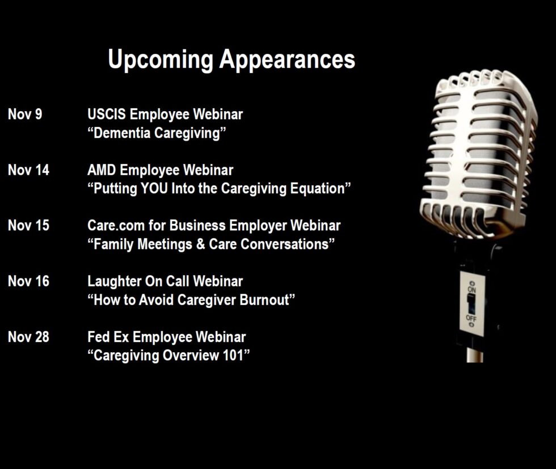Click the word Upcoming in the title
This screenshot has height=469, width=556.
click(x=160, y=60)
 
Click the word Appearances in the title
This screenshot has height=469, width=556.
click(x=287, y=60)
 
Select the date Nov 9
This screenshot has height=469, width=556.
click(x=25, y=114)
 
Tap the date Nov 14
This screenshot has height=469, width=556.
click(x=28, y=170)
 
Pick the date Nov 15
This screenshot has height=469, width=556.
click(x=28, y=226)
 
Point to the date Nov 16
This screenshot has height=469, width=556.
click(x=28, y=281)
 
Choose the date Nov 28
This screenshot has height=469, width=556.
click(x=28, y=337)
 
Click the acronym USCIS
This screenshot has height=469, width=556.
click(x=107, y=114)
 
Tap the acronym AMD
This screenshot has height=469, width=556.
click(x=102, y=170)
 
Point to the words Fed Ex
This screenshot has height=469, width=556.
click(x=108, y=337)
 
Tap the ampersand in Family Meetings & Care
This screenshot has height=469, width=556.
click(x=200, y=244)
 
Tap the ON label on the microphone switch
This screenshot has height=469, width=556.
click(x=471, y=289)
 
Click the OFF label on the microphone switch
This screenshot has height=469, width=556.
click(x=471, y=318)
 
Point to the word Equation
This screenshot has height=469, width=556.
click(x=317, y=189)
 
